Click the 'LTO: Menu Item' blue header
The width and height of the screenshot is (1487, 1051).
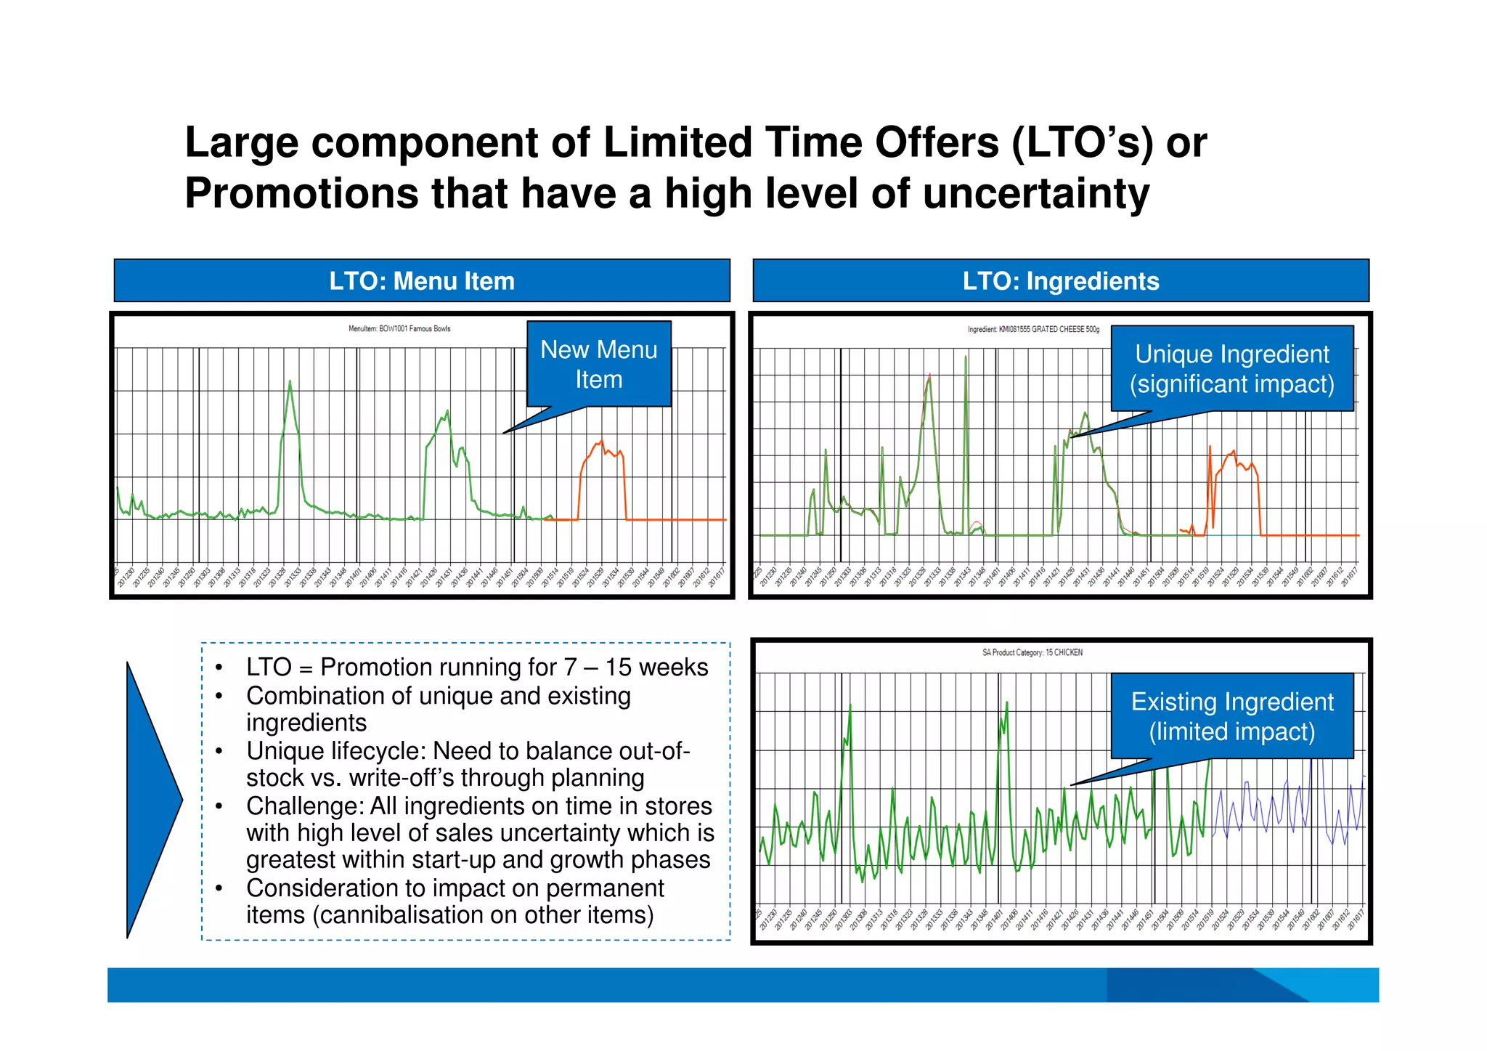[422, 281]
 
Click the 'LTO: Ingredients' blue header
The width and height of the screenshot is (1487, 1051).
[1060, 281]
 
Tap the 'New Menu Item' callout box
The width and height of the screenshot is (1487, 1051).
[598, 365]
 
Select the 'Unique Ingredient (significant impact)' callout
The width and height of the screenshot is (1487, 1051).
[1231, 369]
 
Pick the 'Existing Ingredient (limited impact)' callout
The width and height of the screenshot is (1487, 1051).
[1231, 716]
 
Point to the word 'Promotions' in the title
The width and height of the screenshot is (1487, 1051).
[301, 194]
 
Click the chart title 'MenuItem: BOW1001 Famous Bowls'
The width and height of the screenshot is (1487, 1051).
[399, 329]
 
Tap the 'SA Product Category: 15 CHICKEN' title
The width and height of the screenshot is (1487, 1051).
[1032, 653]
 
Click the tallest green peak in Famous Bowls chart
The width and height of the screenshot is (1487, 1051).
[290, 383]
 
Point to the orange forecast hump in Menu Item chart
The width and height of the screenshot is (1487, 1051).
[602, 454]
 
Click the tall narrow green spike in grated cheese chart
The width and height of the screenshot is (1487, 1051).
[966, 360]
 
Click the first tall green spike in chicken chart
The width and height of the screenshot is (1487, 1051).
[850, 708]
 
